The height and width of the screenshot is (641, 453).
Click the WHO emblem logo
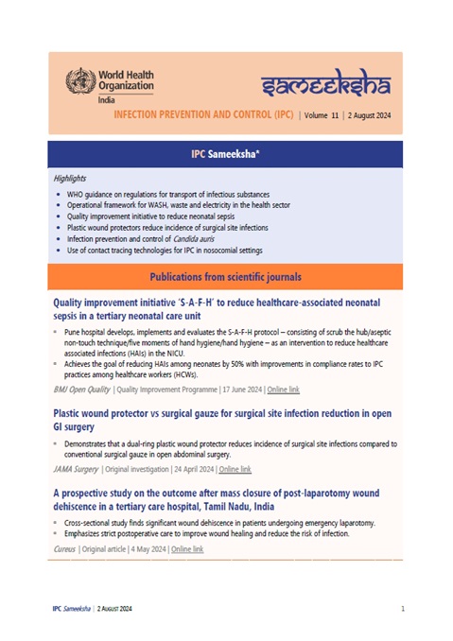81,81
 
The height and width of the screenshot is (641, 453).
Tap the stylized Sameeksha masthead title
326,83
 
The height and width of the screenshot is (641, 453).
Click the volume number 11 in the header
335,115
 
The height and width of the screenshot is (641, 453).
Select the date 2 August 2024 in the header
369,115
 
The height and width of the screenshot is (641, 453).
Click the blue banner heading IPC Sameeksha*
225,154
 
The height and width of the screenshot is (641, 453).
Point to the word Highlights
70,179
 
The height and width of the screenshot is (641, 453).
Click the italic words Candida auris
193,239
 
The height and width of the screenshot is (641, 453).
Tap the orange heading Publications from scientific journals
225,277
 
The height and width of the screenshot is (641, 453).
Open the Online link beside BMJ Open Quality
284,390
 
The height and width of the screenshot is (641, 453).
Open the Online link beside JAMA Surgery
235,469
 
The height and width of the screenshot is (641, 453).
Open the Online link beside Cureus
187,549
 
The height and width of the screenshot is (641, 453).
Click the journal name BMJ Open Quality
81,390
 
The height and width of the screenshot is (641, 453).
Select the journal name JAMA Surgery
76,469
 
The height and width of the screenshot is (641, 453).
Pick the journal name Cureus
64,549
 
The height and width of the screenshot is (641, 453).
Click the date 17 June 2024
242,390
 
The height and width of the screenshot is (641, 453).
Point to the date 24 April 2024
194,469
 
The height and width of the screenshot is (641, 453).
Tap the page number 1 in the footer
403,609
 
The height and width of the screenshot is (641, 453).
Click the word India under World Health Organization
106,100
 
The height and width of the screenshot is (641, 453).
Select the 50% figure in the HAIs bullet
237,364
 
